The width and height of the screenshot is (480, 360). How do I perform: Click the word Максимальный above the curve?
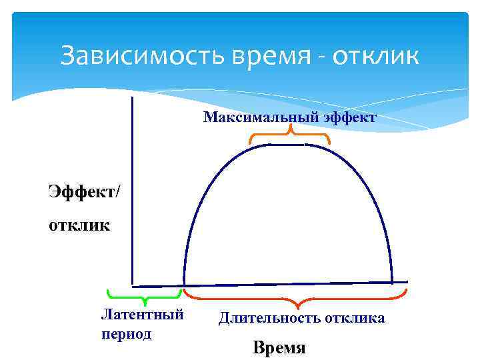click(252, 118)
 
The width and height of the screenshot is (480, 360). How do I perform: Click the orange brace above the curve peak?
click(290, 137)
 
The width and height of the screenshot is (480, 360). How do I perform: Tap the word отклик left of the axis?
click(79, 224)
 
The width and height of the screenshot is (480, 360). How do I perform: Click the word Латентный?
click(142, 314)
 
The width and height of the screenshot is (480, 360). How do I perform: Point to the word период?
click(126, 333)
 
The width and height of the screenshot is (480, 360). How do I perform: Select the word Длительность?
click(269, 318)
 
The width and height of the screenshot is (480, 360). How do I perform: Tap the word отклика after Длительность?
click(355, 318)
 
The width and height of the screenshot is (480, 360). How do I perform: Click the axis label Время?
click(279, 347)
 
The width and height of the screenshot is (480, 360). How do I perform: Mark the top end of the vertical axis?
click(133, 99)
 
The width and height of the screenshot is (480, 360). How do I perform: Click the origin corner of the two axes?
click(133, 284)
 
